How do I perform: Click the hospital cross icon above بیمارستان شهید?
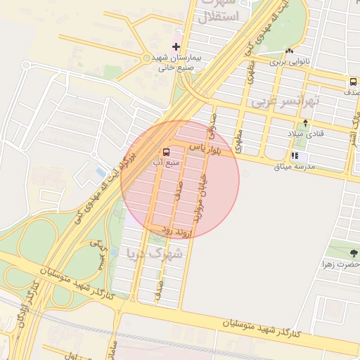click(x=176, y=46)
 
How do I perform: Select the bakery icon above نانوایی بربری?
click(x=289, y=51)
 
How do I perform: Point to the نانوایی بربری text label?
click(x=288, y=62)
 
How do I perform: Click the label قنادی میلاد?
click(x=304, y=133)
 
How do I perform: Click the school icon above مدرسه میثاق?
click(x=295, y=156)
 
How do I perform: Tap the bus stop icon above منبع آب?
click(x=167, y=152)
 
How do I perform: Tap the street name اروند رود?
click(x=172, y=229)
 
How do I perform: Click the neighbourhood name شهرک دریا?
click(x=153, y=252)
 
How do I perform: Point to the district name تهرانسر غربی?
click(x=285, y=102)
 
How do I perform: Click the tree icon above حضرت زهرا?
click(x=354, y=253)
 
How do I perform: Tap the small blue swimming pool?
click(x=101, y=172)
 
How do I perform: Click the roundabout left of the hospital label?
click(x=146, y=58)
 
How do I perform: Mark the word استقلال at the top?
click(x=221, y=15)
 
